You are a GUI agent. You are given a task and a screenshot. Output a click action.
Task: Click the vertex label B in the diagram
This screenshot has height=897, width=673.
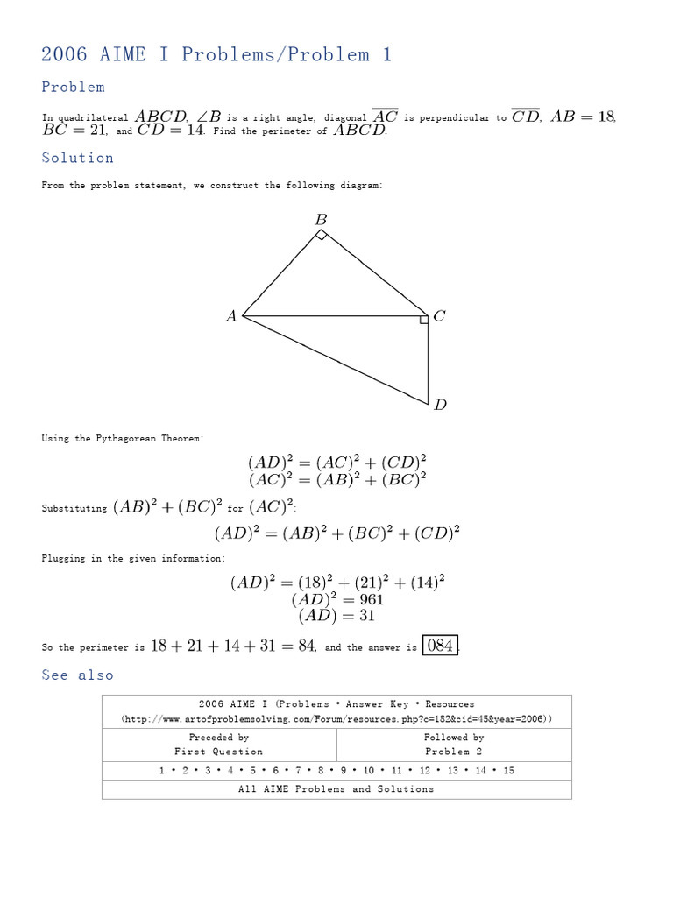(x=321, y=220)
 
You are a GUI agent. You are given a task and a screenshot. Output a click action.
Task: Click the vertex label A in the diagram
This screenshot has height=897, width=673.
(x=231, y=317)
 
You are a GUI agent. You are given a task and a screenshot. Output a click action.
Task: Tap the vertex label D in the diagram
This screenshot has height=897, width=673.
(x=440, y=405)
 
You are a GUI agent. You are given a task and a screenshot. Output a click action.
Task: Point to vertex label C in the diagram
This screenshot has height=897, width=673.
(x=440, y=316)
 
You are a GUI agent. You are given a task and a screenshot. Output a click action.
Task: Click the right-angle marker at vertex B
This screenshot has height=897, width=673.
(x=322, y=235)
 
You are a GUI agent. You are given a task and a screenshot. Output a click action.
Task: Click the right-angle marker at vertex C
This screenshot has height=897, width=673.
(x=424, y=320)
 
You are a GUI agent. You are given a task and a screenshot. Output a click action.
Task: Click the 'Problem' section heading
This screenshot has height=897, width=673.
(x=73, y=87)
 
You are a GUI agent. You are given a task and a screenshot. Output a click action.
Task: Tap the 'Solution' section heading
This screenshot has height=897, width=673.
(x=77, y=158)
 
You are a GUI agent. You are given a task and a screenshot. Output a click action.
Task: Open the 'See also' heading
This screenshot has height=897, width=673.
(x=77, y=675)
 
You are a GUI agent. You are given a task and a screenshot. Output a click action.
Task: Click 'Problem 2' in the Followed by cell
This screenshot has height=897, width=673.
(x=453, y=752)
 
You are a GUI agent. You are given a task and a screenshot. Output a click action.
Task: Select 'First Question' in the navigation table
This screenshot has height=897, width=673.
(x=219, y=752)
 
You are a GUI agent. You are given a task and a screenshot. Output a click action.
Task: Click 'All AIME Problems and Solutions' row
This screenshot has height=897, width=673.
(x=336, y=789)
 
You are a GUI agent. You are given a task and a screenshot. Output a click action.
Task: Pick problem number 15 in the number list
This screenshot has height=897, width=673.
(x=508, y=771)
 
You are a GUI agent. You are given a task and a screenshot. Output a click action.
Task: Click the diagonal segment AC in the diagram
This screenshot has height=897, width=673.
(x=333, y=315)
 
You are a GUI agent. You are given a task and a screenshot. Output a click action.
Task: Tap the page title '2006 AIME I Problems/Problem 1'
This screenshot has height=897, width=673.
(x=216, y=54)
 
